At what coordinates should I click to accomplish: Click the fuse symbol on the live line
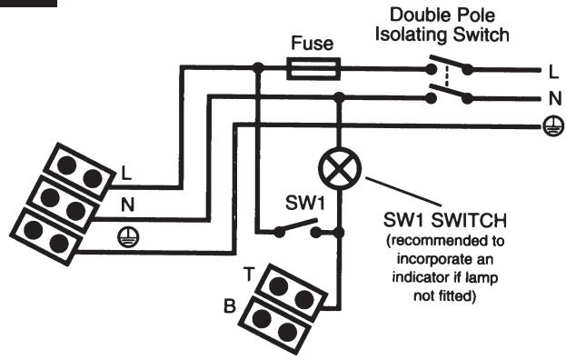(x=313, y=66)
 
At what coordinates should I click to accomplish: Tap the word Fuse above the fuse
(x=313, y=43)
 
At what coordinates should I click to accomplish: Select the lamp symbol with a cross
(x=340, y=168)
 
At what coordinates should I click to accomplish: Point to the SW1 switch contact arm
(x=297, y=226)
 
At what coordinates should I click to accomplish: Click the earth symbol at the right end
(x=548, y=128)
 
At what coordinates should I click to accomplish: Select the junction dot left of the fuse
(x=258, y=66)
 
